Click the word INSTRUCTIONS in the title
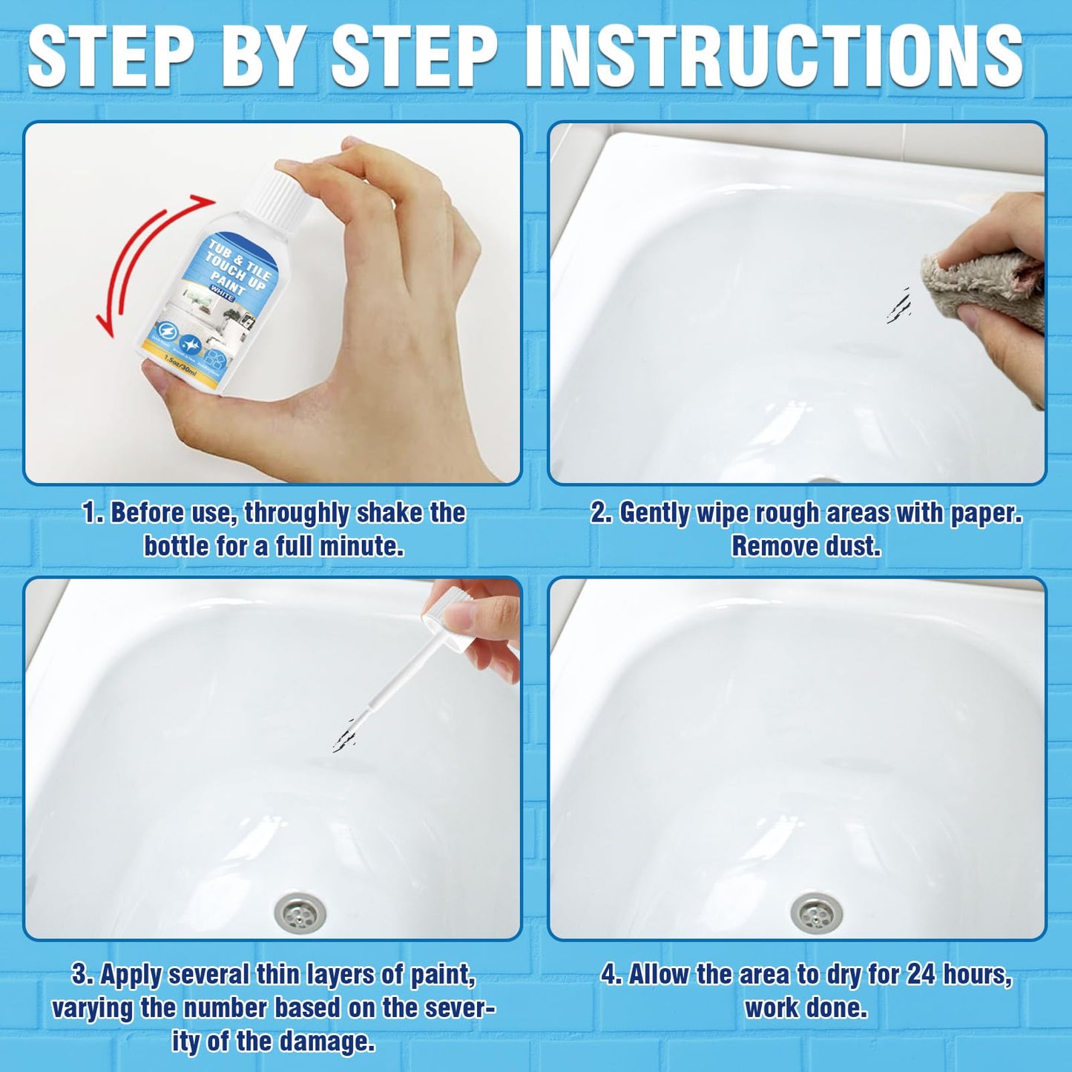[775, 56]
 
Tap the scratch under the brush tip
[345, 734]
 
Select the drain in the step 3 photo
[300, 911]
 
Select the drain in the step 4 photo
[816, 911]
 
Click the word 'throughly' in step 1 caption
[297, 513]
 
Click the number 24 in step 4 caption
[921, 975]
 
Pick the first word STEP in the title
[111, 56]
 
